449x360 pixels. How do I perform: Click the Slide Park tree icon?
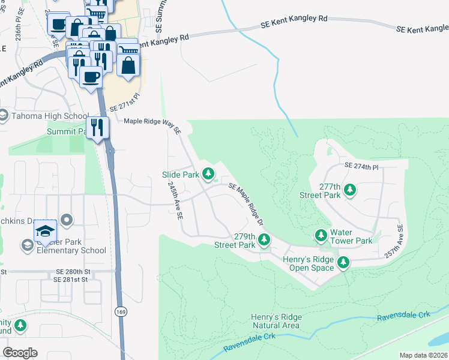coord(208,174)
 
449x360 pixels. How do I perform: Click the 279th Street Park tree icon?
coord(264,240)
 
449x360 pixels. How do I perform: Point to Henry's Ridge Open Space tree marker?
coord(343,262)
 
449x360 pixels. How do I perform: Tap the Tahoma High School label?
coord(50,116)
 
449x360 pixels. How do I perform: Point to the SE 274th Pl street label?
coord(362,165)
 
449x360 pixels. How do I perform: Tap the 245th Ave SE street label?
coord(175,201)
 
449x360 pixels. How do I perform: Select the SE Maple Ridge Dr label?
coord(246,205)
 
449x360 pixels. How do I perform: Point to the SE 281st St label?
coord(72,280)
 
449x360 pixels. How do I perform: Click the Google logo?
coord(20,352)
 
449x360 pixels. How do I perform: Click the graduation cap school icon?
coord(45,230)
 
